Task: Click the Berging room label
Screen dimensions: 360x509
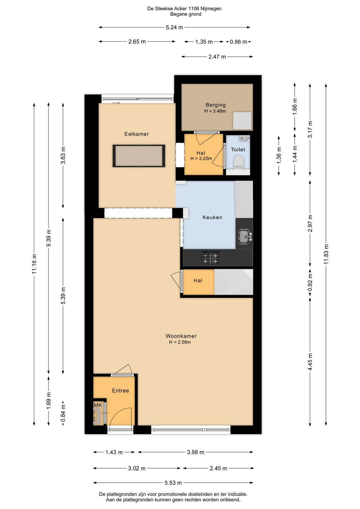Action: (216, 105)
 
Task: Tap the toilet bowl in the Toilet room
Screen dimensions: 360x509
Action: (239, 162)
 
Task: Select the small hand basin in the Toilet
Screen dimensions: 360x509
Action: (244, 138)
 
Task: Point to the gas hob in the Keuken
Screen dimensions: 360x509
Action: (211, 258)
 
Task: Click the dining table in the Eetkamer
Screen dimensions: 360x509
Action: (139, 156)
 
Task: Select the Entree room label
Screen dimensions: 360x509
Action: (120, 391)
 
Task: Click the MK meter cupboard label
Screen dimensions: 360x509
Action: (98, 405)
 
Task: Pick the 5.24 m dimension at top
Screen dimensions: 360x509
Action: (174, 27)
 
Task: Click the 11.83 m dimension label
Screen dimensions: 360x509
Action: (326, 254)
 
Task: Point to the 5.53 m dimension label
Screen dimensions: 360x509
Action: (173, 483)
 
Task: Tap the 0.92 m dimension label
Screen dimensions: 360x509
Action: (310, 282)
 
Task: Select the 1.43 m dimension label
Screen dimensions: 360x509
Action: (114, 452)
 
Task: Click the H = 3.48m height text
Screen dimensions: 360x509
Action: (215, 111)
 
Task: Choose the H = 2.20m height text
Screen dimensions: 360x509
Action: (201, 158)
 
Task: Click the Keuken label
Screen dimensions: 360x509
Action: (212, 217)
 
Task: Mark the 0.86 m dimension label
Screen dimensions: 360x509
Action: (238, 42)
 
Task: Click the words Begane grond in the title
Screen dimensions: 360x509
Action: (186, 14)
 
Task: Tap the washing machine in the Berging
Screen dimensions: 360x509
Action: (242, 120)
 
